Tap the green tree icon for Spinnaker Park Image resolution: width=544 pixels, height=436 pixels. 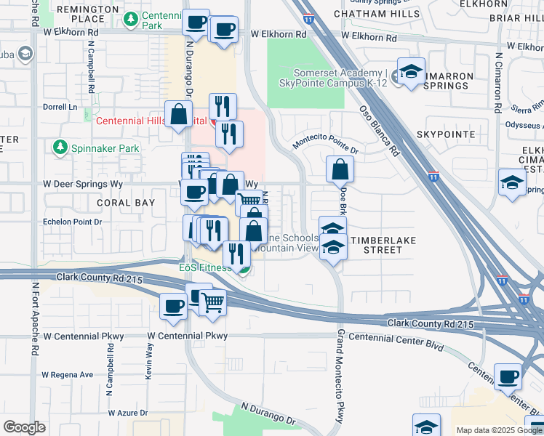[x=59, y=148]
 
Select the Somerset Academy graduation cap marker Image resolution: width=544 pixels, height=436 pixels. [x=411, y=73]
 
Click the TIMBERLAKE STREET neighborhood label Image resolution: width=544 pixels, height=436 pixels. [x=377, y=244]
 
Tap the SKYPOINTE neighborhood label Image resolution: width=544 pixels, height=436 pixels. [x=446, y=134]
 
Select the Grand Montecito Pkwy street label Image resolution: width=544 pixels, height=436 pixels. [x=340, y=374]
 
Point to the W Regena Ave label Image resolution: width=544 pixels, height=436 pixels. [x=68, y=375]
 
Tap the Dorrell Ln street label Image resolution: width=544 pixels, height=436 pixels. [x=60, y=107]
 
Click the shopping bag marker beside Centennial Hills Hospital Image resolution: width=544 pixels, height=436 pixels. [x=178, y=114]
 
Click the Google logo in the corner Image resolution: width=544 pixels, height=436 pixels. [x=25, y=427]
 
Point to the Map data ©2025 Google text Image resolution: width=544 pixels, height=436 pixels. [x=498, y=430]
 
